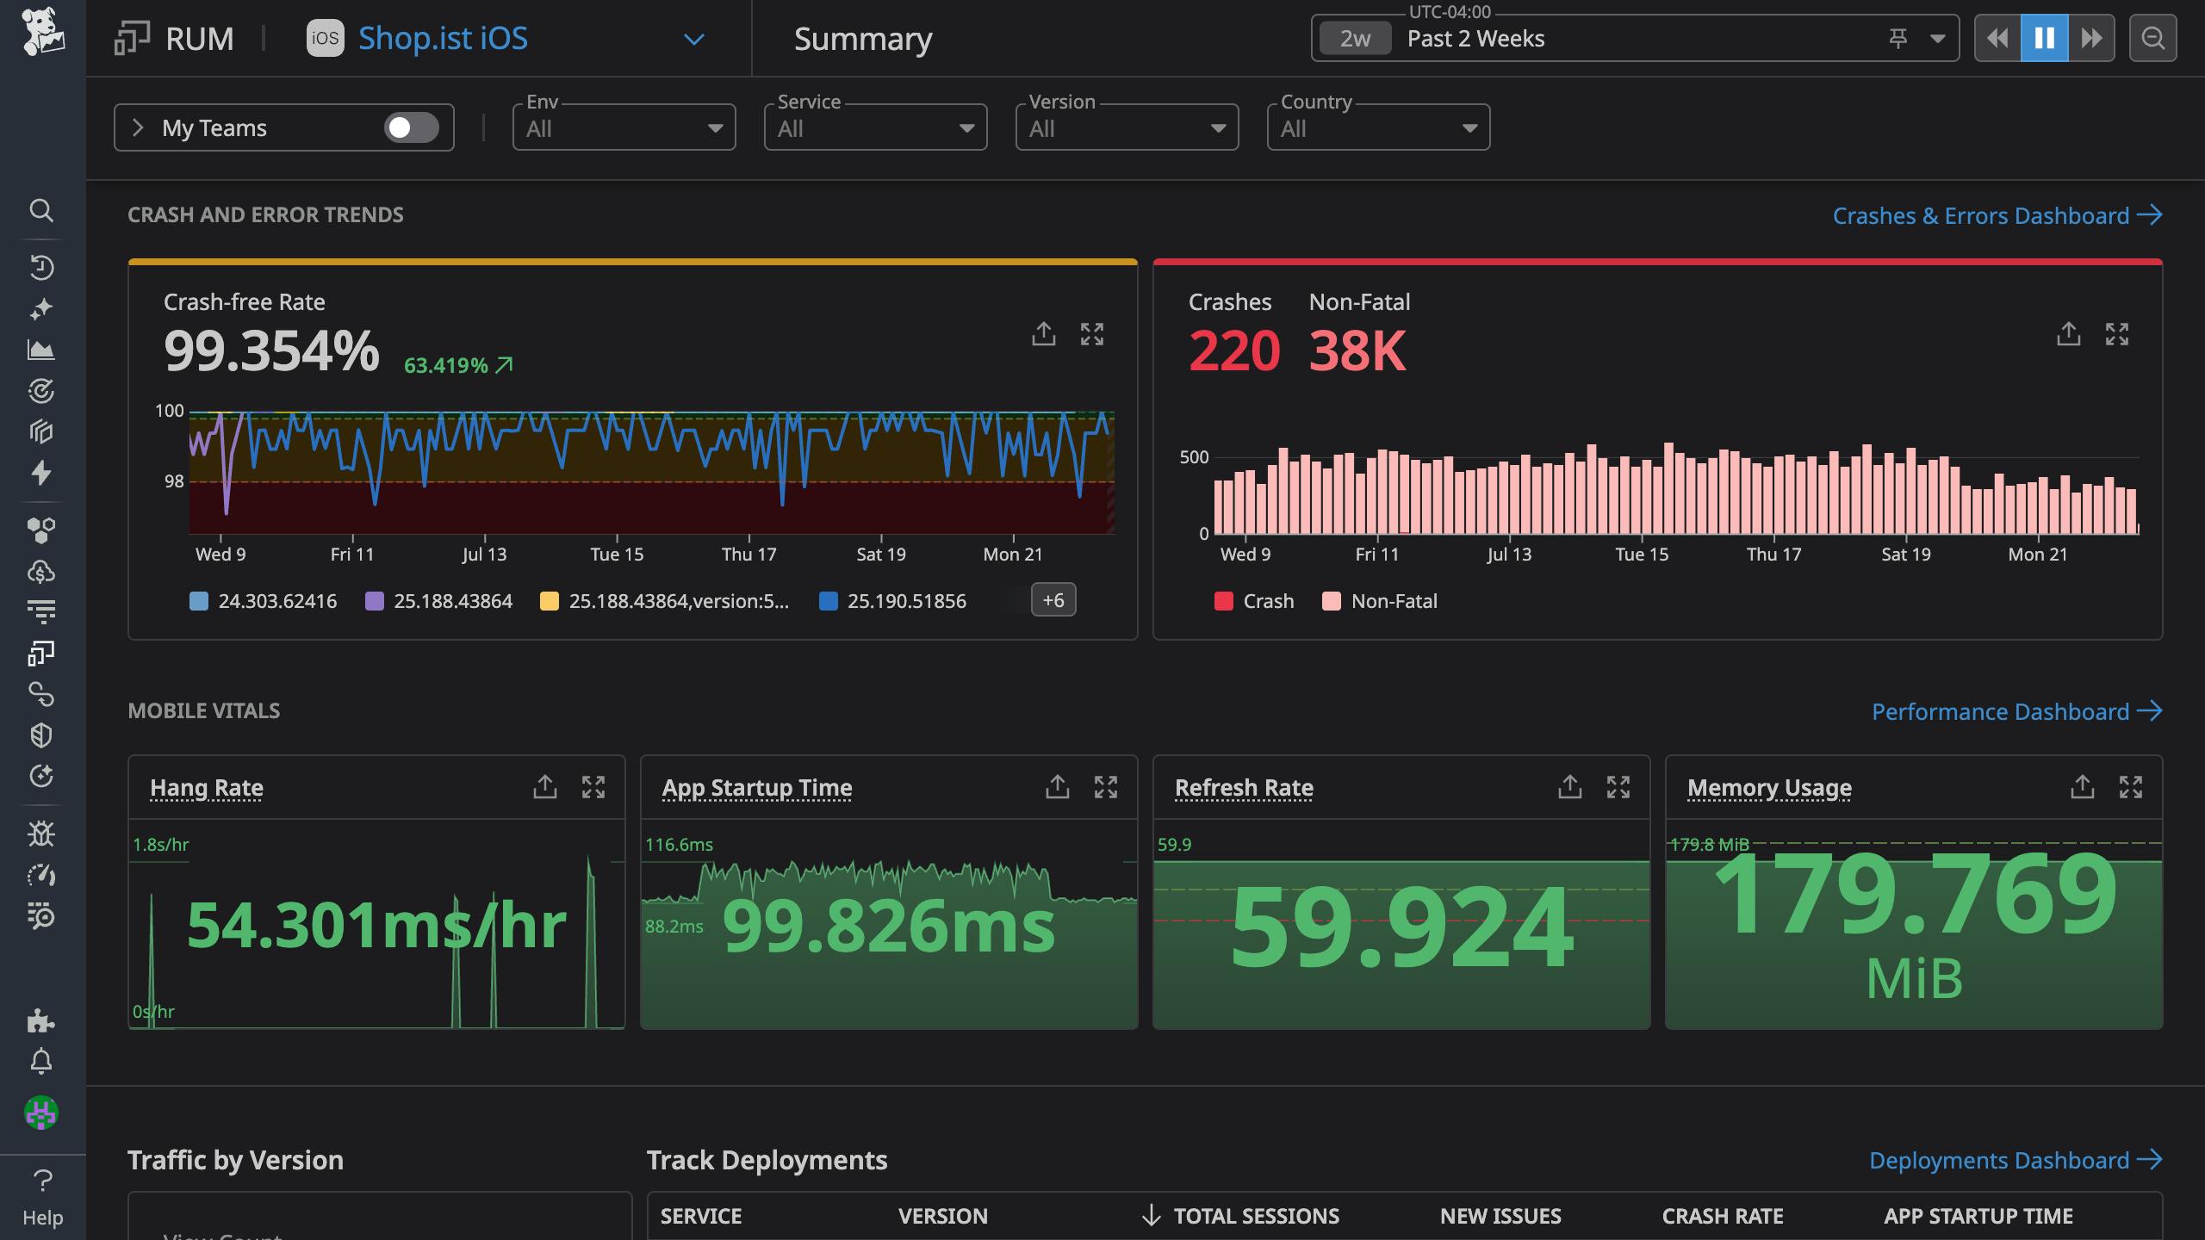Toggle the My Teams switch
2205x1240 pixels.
point(411,127)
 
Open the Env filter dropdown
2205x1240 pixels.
point(624,128)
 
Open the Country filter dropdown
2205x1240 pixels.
point(1378,128)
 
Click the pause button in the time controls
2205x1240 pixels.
point(2044,38)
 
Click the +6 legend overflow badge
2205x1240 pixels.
point(1053,600)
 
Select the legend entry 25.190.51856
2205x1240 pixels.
point(906,601)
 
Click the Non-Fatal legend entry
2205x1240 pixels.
point(1393,601)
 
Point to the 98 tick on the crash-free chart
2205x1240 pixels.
point(174,481)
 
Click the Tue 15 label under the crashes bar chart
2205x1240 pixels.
point(1641,555)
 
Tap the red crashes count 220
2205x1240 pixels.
point(1233,351)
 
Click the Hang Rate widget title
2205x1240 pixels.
point(207,787)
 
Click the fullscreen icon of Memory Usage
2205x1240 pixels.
point(2130,786)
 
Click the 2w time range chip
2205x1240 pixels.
point(1355,39)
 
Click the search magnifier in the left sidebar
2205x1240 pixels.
point(41,210)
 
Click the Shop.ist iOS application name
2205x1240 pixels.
point(443,39)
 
